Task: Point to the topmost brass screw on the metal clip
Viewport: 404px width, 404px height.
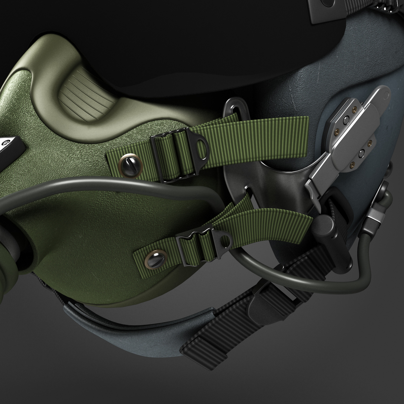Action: [353, 109]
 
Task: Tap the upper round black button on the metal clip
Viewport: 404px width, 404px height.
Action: [346, 120]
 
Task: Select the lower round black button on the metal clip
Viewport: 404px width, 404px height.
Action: [361, 153]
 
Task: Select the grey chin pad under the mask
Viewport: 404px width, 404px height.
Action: [123, 322]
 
